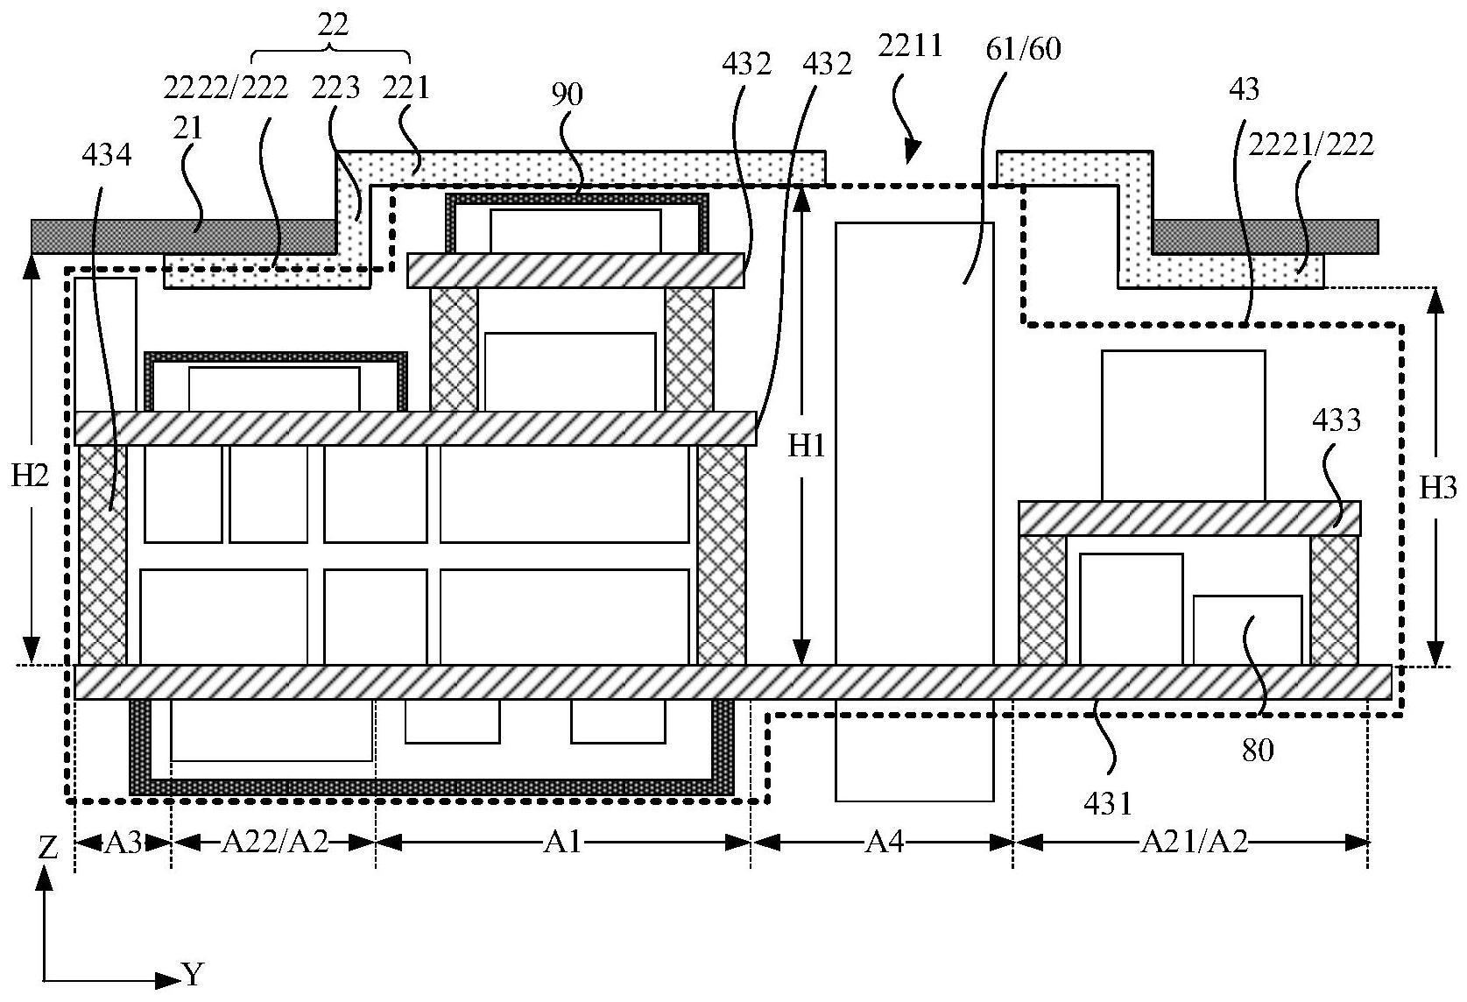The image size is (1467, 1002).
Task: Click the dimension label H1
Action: click(x=807, y=447)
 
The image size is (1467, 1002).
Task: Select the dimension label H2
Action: click(x=31, y=476)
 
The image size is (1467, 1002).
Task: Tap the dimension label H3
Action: click(x=1437, y=488)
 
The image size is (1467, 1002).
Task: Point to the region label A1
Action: click(x=563, y=843)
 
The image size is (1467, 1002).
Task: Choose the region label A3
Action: click(x=123, y=843)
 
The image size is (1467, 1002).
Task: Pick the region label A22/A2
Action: click(x=274, y=843)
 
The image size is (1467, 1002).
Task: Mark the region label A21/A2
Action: click(x=1193, y=843)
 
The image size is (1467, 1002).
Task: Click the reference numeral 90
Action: click(x=567, y=95)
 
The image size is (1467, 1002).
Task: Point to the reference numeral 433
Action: click(x=1337, y=420)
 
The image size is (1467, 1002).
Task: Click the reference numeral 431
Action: click(x=1109, y=802)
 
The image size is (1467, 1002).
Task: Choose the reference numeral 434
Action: click(x=106, y=156)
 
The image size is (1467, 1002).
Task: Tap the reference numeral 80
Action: click(x=1258, y=750)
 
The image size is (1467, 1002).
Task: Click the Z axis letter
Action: click(x=48, y=847)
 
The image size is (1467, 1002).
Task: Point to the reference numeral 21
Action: click(x=187, y=129)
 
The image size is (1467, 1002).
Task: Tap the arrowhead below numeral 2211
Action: click(x=912, y=156)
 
